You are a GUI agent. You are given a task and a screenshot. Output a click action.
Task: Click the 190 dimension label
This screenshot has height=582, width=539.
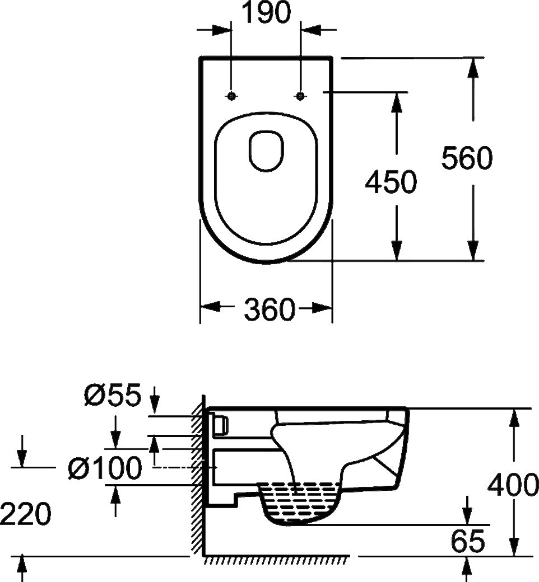click(266, 13)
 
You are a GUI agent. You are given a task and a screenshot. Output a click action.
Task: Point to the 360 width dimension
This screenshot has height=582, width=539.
click(269, 309)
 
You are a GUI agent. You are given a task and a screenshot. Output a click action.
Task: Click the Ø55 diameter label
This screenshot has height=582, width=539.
click(111, 396)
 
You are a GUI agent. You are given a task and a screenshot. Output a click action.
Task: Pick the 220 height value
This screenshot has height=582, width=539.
click(26, 514)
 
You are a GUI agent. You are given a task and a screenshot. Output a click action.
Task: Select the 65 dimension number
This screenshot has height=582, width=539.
click(467, 541)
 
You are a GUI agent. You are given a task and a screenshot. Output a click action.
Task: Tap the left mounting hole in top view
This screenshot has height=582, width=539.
click(231, 96)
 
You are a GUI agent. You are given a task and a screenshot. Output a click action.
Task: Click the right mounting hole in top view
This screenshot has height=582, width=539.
click(301, 96)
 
